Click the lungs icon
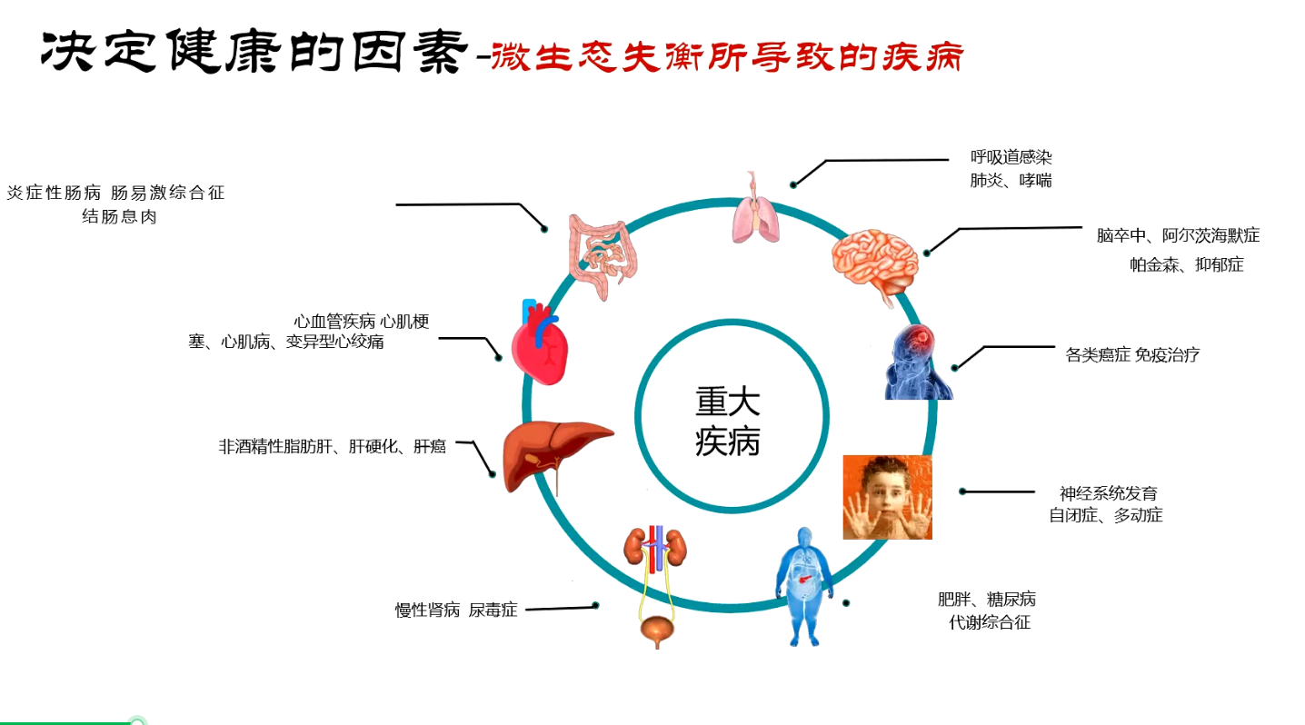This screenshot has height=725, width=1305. point(756,211)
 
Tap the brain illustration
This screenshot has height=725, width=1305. point(874,263)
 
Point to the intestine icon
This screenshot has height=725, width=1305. point(602,255)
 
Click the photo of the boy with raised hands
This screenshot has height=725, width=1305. point(887,497)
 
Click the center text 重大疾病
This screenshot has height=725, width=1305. point(728,422)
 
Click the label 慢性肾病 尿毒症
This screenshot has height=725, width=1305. point(456,611)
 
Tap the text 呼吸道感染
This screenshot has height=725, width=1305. point(1011,157)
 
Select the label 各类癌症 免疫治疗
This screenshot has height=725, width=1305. point(1132,355)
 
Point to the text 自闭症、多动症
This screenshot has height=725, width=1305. point(1105,516)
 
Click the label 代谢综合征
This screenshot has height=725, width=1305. point(989,623)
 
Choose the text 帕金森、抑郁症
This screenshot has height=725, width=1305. point(1186,265)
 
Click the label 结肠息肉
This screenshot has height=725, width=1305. point(119,217)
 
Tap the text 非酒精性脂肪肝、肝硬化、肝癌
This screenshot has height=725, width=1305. point(332,447)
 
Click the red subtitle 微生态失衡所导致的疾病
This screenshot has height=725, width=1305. point(726,56)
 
